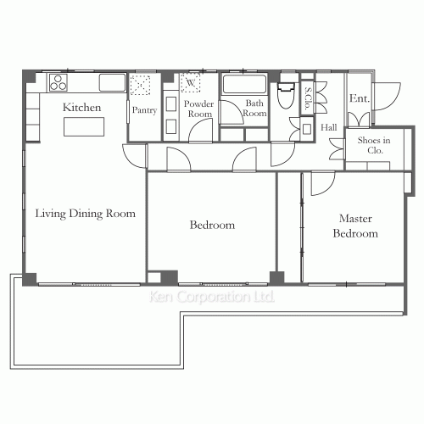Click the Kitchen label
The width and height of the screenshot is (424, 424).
pyautogui.click(x=81, y=108)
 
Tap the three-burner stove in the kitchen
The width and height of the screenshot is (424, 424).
pyautogui.click(x=59, y=82)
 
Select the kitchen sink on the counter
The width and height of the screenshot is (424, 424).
pyautogui.click(x=112, y=82)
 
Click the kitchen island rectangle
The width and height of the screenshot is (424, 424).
pyautogui.click(x=84, y=127)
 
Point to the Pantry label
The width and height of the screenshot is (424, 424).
pyautogui.click(x=144, y=110)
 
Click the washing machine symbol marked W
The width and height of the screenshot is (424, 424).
pyautogui.click(x=190, y=82)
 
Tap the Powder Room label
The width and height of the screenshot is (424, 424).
pyautogui.click(x=199, y=109)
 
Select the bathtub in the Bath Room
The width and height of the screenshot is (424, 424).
pyautogui.click(x=244, y=84)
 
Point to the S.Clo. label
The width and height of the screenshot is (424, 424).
pyautogui.click(x=308, y=98)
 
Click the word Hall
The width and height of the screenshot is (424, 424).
pyautogui.click(x=329, y=127)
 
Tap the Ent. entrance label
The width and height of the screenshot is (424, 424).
pyautogui.click(x=360, y=98)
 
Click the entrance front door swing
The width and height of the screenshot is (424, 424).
pyautogui.click(x=388, y=97)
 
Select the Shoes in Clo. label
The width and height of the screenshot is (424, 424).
pyautogui.click(x=374, y=145)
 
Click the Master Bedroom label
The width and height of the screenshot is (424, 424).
pyautogui.click(x=355, y=226)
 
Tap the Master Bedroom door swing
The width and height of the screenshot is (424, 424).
pyautogui.click(x=323, y=183)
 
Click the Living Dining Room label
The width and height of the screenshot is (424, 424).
pyautogui.click(x=85, y=214)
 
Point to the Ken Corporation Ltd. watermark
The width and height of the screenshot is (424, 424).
pyautogui.click(x=212, y=297)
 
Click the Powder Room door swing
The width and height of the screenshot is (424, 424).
pyautogui.click(x=200, y=130)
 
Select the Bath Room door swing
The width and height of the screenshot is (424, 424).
pyautogui.click(x=232, y=112)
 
